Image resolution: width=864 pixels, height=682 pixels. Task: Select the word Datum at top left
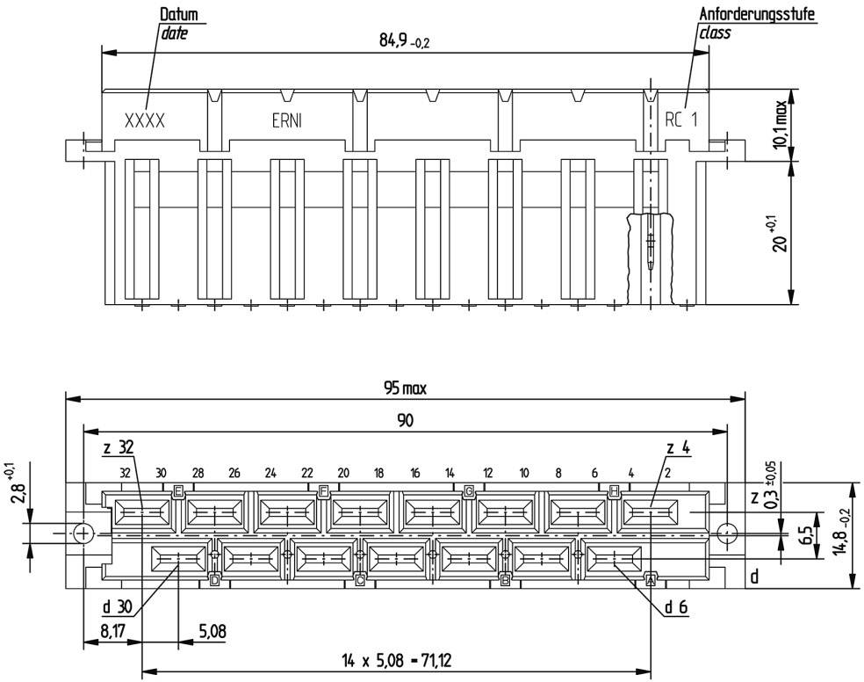[x=178, y=15]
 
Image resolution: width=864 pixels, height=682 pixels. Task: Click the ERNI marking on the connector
[x=286, y=121]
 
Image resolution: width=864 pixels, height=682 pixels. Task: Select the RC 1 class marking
[x=680, y=121]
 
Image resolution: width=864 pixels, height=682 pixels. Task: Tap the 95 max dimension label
[x=404, y=388]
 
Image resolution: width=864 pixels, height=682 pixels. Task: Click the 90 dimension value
[x=404, y=421]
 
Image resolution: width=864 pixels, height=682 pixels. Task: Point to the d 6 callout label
[x=677, y=606]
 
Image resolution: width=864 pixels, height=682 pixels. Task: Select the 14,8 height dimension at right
[x=842, y=535]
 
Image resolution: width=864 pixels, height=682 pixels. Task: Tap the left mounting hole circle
[x=83, y=533]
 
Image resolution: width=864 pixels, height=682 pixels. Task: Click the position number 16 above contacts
[x=414, y=473]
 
